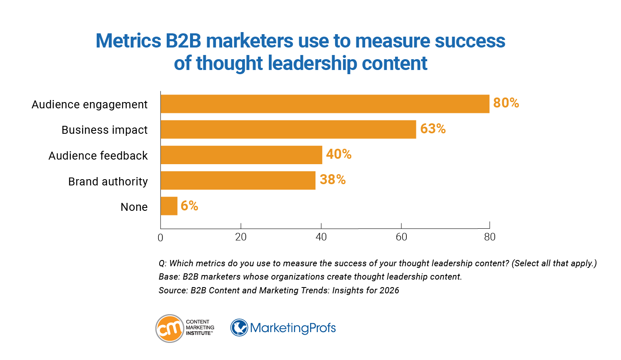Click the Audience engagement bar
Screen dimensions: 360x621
pyautogui.click(x=325, y=104)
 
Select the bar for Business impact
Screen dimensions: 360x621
pyautogui.click(x=288, y=130)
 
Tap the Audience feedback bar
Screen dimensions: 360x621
pyautogui.click(x=241, y=155)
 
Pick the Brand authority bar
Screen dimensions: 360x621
pyautogui.click(x=238, y=180)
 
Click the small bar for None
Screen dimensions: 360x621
pyautogui.click(x=169, y=206)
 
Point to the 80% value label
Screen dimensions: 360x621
pyautogui.click(x=506, y=103)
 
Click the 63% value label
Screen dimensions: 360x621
pyautogui.click(x=433, y=129)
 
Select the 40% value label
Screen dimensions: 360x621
pyautogui.click(x=338, y=154)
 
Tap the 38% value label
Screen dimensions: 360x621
pyautogui.click(x=333, y=180)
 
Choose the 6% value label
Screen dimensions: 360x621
pyautogui.click(x=189, y=205)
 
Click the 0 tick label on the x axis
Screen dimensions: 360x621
pyautogui.click(x=160, y=237)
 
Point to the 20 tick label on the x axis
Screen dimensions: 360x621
pyautogui.click(x=241, y=237)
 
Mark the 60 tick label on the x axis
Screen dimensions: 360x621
pyautogui.click(x=401, y=237)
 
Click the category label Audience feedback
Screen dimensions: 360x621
pyautogui.click(x=98, y=156)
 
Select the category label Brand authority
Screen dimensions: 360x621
pyautogui.click(x=108, y=182)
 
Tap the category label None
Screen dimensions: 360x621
pyautogui.click(x=134, y=207)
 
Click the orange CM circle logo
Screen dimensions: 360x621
pyautogui.click(x=170, y=328)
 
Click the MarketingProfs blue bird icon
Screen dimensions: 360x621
pyautogui.click(x=239, y=328)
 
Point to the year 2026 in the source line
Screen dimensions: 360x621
pyautogui.click(x=389, y=290)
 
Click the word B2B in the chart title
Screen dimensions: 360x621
pyautogui.click(x=183, y=41)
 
